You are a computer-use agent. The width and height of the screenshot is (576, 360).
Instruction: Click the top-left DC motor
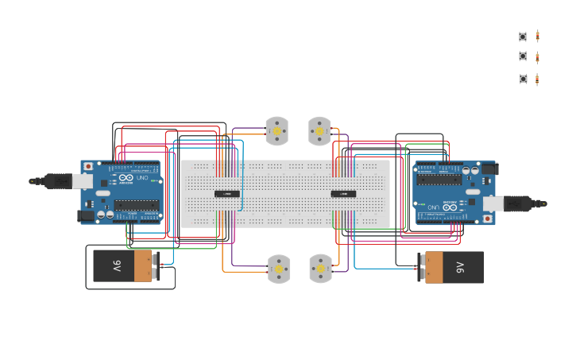pos(276,131)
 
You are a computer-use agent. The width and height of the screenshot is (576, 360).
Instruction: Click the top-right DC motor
pos(319,131)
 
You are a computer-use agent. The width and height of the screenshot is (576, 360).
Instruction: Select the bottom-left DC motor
pos(279,269)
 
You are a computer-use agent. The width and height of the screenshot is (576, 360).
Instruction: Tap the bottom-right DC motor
pos(320,269)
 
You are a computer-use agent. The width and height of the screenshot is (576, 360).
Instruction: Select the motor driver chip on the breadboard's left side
pos(227,194)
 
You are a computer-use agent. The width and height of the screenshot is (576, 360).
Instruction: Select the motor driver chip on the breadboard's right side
pos(343,194)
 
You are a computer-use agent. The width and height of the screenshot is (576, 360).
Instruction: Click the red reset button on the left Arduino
pos(87,167)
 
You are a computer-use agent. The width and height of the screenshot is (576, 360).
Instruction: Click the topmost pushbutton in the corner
pos(523,37)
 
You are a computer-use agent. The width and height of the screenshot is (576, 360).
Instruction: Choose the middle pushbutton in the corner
pos(523,56)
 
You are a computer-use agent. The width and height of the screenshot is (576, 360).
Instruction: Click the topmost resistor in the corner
pos(538,36)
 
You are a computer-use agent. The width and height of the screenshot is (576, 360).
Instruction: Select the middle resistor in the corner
pos(538,56)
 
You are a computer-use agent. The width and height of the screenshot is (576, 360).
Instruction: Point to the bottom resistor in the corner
pos(538,79)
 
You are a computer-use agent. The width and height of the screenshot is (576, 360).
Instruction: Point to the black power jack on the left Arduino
pos(84,215)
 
